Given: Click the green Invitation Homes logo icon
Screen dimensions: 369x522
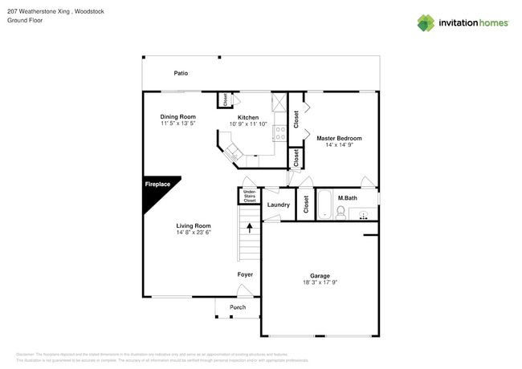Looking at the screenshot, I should pos(426,22).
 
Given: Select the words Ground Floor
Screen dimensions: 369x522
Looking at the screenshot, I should pos(25,21).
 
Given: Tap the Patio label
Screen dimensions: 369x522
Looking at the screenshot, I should pos(181,73).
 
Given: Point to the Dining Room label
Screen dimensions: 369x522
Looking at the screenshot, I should pos(177,117).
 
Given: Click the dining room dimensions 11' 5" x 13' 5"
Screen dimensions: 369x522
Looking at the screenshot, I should pos(177,124).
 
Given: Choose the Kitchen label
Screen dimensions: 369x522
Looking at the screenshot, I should pos(248,117).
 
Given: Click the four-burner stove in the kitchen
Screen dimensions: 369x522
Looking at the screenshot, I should pos(280,134).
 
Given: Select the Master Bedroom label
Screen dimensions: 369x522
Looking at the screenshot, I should pos(338,138).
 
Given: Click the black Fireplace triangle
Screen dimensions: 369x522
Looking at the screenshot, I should pos(155,190).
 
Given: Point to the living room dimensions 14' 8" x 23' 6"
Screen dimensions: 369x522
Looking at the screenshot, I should pos(194,233).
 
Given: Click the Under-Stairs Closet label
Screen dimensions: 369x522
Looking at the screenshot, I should pos(250,196).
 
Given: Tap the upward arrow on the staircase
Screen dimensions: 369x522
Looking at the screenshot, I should pos(250,229).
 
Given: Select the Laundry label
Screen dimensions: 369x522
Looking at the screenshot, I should pos(278,205).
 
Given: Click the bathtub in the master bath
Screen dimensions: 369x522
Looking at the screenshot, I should pos(324,205).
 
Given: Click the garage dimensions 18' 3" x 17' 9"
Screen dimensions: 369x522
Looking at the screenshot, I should pos(320,282).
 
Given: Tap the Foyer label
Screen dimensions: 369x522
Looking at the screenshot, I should pos(245,274).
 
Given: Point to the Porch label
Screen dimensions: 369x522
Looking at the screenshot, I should pos(238,307).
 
